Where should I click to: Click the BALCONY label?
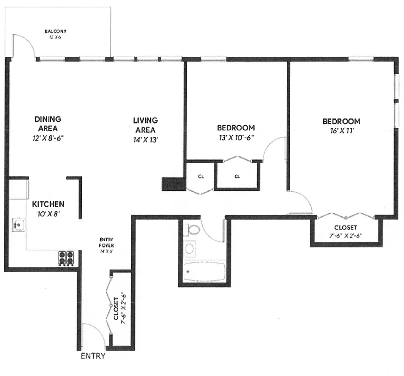pos(55,31)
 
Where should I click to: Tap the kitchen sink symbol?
pos(18,225)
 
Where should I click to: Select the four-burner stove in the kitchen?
pos(66,258)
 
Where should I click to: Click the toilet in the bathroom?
pos(192,230)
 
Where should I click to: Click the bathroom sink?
pos(190,248)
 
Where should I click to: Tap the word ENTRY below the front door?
pos(93,356)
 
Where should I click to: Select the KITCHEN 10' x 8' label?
pos(48,208)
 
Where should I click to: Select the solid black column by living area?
pos(174,184)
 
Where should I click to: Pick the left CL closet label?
pos(201,177)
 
